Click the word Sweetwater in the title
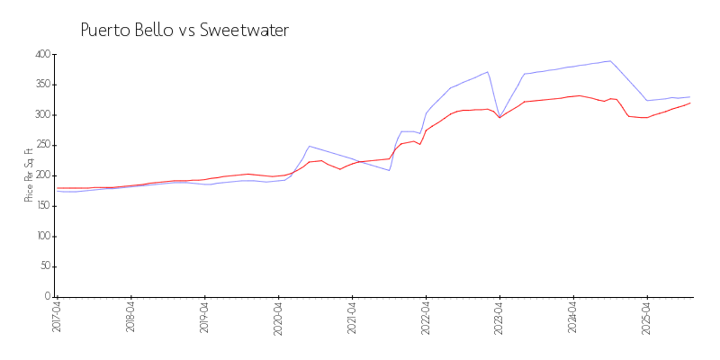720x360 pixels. pyautogui.click(x=244, y=31)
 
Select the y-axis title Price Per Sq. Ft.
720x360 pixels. pyautogui.click(x=29, y=175)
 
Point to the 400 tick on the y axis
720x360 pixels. pyautogui.click(x=41, y=54)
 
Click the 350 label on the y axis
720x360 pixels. pyautogui.click(x=41, y=85)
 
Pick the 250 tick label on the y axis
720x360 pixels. pyautogui.click(x=41, y=145)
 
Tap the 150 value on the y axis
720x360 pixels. pyautogui.click(x=41, y=206)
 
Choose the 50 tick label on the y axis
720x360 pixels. pyautogui.click(x=44, y=266)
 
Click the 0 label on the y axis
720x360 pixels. pyautogui.click(x=47, y=297)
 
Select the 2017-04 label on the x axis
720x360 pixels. pyautogui.click(x=57, y=317)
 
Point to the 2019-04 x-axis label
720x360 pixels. pyautogui.click(x=204, y=317)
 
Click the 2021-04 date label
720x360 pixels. pyautogui.click(x=352, y=317)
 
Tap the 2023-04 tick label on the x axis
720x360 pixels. pyautogui.click(x=499, y=317)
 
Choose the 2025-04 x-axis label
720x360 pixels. pyautogui.click(x=647, y=317)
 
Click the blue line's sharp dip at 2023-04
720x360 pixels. pyautogui.click(x=499, y=116)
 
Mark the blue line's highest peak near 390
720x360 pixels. pyautogui.click(x=610, y=61)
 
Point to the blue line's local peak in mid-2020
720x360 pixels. pyautogui.click(x=309, y=146)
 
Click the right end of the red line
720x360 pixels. pyautogui.click(x=690, y=103)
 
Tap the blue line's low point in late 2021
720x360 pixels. pyautogui.click(x=389, y=170)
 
